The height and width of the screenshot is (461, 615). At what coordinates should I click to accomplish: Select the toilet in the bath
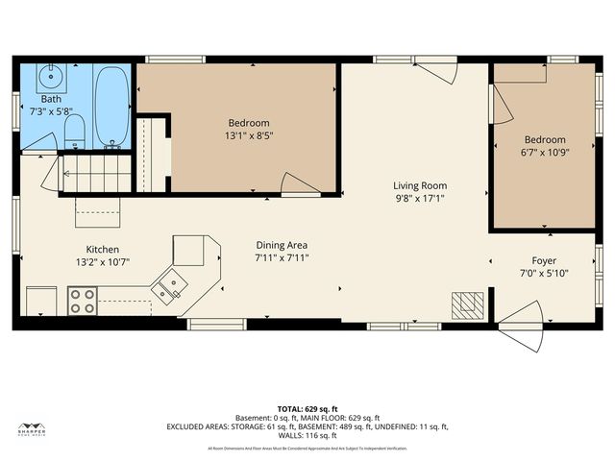pyautogui.click(x=79, y=132)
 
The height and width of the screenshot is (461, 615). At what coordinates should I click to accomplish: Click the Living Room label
pyautogui.click(x=419, y=185)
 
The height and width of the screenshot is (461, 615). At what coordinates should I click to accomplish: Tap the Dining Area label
pyautogui.click(x=281, y=245)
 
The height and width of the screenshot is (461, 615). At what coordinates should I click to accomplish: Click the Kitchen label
pyautogui.click(x=102, y=248)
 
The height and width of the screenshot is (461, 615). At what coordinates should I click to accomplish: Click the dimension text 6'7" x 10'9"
pyautogui.click(x=544, y=152)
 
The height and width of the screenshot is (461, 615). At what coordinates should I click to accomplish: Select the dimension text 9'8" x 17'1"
pyautogui.click(x=419, y=198)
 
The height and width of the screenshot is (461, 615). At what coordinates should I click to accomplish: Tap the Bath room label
pyautogui.click(x=50, y=99)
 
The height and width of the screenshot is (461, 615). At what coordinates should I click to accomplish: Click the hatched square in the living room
pyautogui.click(x=466, y=304)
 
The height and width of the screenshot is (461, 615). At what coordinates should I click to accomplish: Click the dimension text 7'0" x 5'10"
pyautogui.click(x=544, y=273)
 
